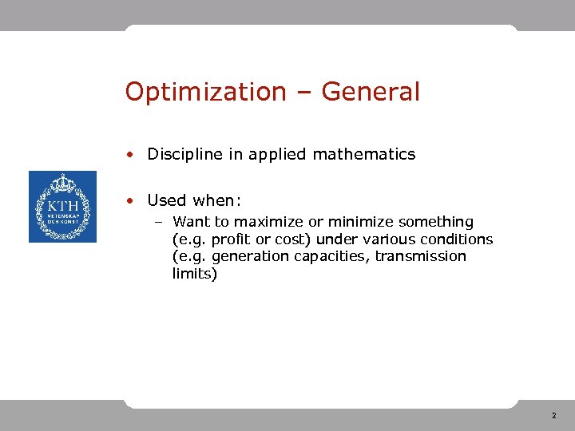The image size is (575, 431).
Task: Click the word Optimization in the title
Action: click(205, 93)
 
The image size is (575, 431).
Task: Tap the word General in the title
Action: click(371, 93)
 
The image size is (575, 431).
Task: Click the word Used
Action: click(166, 201)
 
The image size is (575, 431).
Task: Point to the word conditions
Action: click(458, 239)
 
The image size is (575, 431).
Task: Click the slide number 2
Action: click(553, 416)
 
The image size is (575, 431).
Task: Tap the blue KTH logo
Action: click(62, 207)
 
